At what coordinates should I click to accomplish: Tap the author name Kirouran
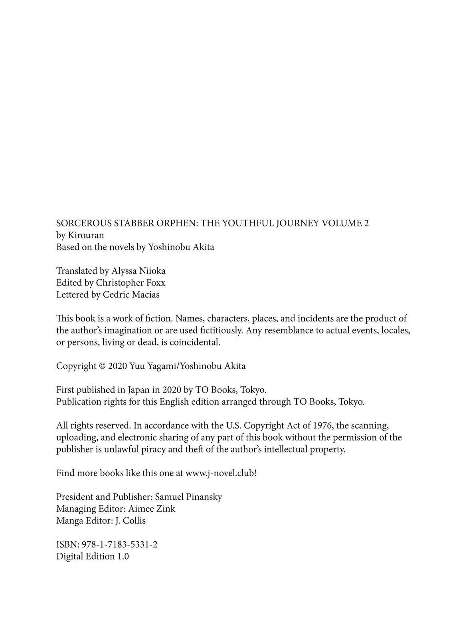86,235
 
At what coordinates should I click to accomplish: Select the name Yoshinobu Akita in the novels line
181,247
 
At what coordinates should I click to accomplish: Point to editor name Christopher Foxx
131,283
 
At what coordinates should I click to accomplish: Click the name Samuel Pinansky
188,497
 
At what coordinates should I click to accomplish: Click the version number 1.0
123,556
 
